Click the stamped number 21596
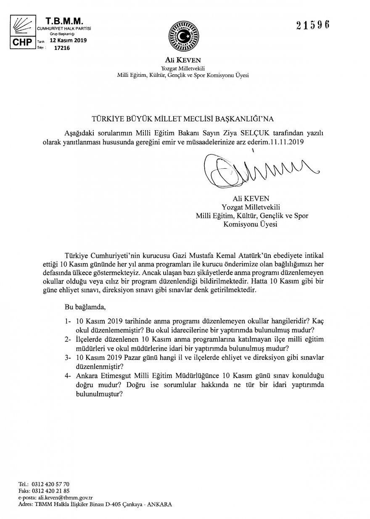click(313, 24)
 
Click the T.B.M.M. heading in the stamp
click(64, 20)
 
